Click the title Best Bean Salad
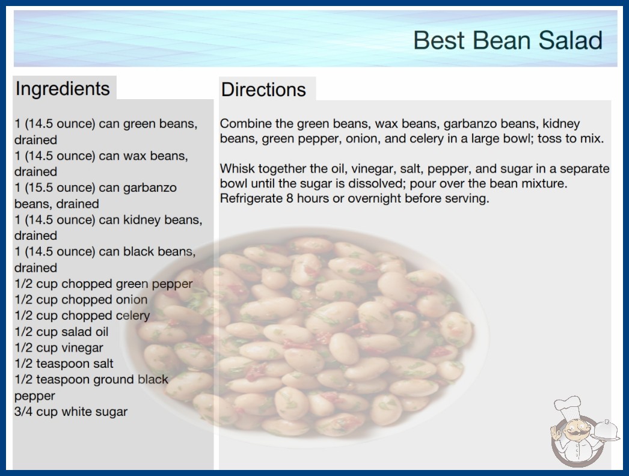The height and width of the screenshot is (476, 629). coord(508,40)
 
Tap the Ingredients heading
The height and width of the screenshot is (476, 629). coord(63,88)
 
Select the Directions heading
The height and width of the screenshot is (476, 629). coord(263,90)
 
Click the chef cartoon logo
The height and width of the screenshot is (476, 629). coord(585,432)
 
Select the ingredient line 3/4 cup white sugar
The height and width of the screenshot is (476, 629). coord(71,412)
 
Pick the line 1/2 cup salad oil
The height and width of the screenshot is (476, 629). coord(61,332)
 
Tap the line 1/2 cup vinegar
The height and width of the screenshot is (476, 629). coord(59,347)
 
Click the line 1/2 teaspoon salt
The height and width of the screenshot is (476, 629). coord(64,364)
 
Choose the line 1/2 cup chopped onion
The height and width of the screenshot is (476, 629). coord(81,299)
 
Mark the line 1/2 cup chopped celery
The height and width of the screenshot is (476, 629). coord(82,316)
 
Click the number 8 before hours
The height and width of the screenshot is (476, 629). coord(290,198)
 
